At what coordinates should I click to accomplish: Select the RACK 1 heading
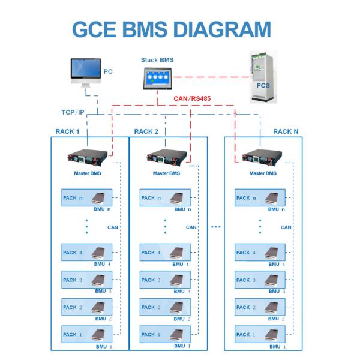[67, 131]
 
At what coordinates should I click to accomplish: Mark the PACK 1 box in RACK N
[259, 334]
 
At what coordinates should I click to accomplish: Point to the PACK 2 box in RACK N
[259, 307]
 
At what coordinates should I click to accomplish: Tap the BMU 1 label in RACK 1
[106, 347]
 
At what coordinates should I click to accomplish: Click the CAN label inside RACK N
[286, 227]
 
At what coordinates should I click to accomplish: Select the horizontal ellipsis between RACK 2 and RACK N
[215, 227]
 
